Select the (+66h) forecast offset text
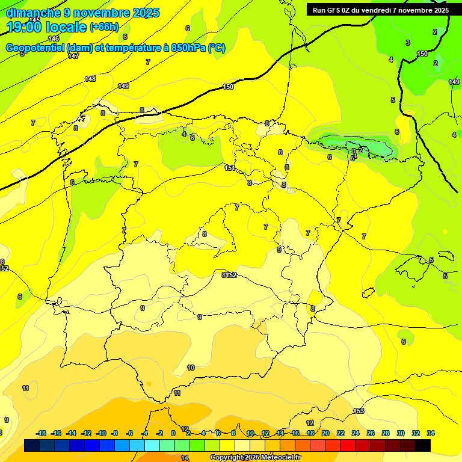tap(104, 27)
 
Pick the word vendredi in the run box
tap(387, 10)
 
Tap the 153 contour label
tap(359, 411)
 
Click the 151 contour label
tap(230, 168)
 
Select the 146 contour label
tap(54, 38)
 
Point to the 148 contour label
tap(90, 79)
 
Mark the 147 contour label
tap(73, 56)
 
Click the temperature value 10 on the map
tap(191, 368)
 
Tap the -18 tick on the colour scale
tap(42, 433)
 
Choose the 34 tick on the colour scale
tap(431, 433)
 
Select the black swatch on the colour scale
tap(423, 445)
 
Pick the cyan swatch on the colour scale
tap(152, 445)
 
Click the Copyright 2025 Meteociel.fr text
tap(255, 458)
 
